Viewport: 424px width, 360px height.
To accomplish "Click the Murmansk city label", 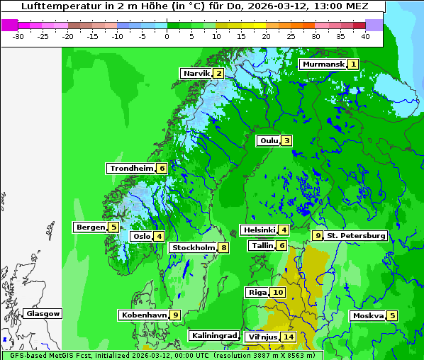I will [x=323, y=64].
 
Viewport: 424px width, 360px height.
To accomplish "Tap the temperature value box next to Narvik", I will [x=219, y=74].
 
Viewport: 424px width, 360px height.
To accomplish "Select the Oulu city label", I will [x=269, y=140].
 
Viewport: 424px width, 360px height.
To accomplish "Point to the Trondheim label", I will [x=131, y=169].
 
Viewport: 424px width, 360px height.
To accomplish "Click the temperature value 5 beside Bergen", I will [x=113, y=227].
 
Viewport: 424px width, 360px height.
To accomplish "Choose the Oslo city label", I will [x=141, y=237].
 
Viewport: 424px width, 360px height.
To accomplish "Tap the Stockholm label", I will [x=193, y=248].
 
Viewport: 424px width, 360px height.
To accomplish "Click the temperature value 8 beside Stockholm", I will [x=223, y=248].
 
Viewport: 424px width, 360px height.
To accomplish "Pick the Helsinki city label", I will [x=258, y=230].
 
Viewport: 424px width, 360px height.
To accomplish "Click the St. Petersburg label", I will [x=356, y=236].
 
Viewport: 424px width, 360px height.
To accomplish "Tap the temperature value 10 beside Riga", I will [x=277, y=293].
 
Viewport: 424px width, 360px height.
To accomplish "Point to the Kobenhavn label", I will [x=144, y=315].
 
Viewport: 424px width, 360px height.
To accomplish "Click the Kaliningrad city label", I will [x=213, y=335].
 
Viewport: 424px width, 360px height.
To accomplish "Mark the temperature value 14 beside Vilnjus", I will [x=288, y=337].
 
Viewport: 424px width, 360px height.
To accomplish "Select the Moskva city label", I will [x=368, y=316].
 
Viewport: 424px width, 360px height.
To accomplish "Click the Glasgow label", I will [x=43, y=314].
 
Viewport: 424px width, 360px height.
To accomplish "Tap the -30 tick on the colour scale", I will [x=18, y=35].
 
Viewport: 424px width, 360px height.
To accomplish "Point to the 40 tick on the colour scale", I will [x=365, y=35].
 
